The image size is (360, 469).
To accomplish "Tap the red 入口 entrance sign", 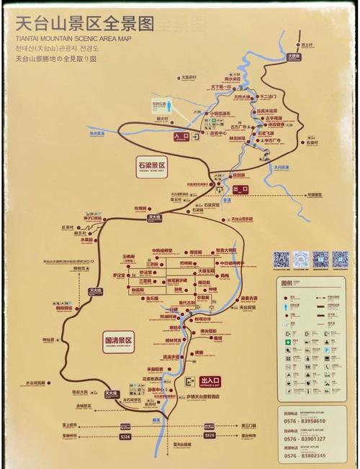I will tap(181, 135).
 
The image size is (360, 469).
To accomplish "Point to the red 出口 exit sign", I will tap(240, 190).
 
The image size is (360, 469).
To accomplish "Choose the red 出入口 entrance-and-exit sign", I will tap(210, 381).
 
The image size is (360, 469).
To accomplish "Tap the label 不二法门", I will tap(269, 96).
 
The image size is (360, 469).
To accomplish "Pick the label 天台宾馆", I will tap(248, 307).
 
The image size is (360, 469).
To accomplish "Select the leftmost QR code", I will tap(281, 258).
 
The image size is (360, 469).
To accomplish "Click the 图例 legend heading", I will tap(287, 283).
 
